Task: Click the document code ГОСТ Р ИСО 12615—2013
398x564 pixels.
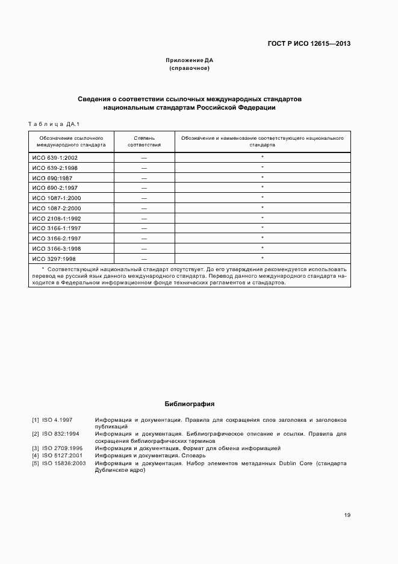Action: point(309,43)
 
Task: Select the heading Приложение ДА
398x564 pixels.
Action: point(190,61)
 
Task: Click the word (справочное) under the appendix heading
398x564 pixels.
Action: point(190,69)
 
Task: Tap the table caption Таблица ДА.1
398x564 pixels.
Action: point(50,124)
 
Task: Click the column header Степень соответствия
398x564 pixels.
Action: point(144,142)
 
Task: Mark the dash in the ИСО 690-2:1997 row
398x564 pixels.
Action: point(144,188)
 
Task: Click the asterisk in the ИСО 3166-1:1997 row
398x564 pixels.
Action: point(263,228)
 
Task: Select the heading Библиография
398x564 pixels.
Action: point(190,404)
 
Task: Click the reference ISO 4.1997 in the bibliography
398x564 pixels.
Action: point(57,419)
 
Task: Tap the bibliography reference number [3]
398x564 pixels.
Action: point(36,448)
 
